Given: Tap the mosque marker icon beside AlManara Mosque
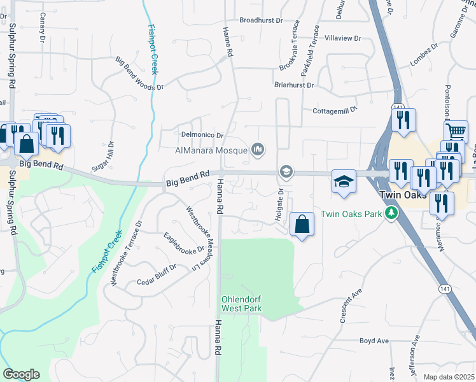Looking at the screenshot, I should pos(258,150).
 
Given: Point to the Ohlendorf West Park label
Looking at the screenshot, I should pos(241,304).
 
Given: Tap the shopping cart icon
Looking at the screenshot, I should pos(456,132).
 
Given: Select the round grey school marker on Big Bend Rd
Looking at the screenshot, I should pos(286,172).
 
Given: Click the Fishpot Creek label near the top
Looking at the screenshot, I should pos(153,50).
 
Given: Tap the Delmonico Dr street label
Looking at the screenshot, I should pos(202,135).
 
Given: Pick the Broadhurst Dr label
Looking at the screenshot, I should pos(261,20).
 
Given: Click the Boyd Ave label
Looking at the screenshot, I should pos(374,341).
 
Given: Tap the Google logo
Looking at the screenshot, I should pos(21,374).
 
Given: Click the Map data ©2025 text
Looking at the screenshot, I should pos(449,377).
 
